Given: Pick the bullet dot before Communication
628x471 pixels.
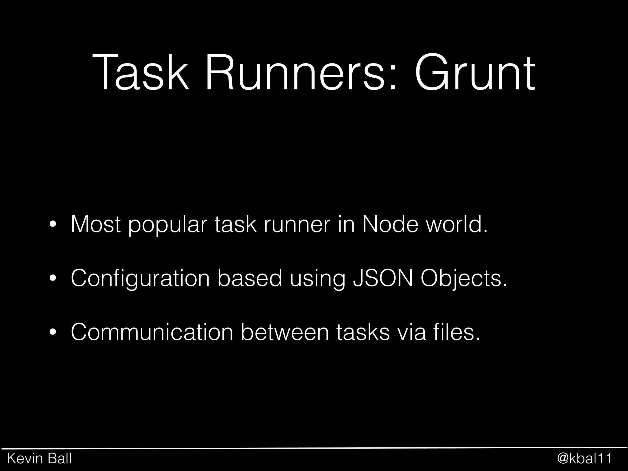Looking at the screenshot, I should pos(53,332).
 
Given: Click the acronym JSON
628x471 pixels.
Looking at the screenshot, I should pos(383,278).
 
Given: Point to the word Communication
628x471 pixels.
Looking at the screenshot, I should pos(152,332).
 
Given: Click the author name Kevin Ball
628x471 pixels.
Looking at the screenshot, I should pos(39,459).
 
